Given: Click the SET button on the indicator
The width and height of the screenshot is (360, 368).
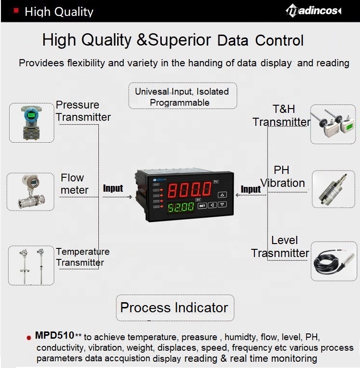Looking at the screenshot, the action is pyautogui.click(x=202, y=205).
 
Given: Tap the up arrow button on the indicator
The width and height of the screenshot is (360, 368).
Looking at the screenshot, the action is pyautogui.click(x=222, y=195).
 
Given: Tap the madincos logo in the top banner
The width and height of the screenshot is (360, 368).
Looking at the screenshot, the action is pyautogui.click(x=313, y=11).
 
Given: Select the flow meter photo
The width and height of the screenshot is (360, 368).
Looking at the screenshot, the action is pyautogui.click(x=30, y=191).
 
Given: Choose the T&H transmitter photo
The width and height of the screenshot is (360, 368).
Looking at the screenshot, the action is pyautogui.click(x=333, y=124).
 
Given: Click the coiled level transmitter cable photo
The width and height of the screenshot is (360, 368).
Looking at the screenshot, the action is pyautogui.click(x=334, y=261).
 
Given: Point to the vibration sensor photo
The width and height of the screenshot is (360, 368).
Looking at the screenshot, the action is pyautogui.click(x=333, y=188).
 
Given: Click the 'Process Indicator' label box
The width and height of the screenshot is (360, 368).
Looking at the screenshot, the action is pyautogui.click(x=174, y=308).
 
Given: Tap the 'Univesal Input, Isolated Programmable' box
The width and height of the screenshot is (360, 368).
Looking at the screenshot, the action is pyautogui.click(x=182, y=97).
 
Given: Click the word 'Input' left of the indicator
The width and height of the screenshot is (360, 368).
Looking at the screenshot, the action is pyautogui.click(x=113, y=189).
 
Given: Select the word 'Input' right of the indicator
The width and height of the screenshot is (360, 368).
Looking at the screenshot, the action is pyautogui.click(x=251, y=189).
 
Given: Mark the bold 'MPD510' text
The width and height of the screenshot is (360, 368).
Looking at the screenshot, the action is pyautogui.click(x=54, y=335).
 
